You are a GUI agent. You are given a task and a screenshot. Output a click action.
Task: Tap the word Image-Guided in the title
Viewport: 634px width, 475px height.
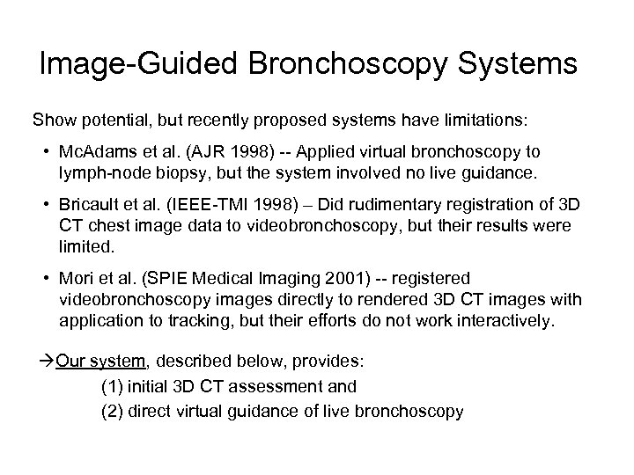pos(142,64)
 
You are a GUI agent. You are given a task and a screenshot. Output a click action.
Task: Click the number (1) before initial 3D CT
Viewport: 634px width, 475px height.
pos(114,386)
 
